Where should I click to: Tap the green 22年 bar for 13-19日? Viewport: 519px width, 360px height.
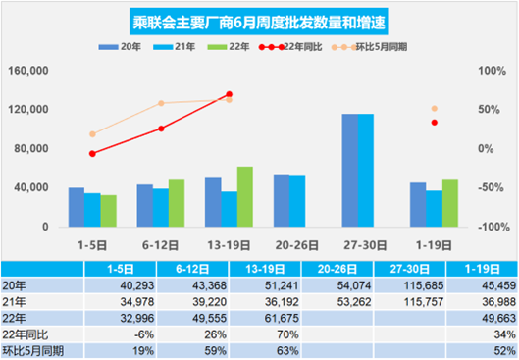245,197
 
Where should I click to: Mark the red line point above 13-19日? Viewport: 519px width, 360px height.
229,94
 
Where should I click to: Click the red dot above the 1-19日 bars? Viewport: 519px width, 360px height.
435,123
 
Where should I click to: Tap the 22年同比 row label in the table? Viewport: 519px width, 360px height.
26,334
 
